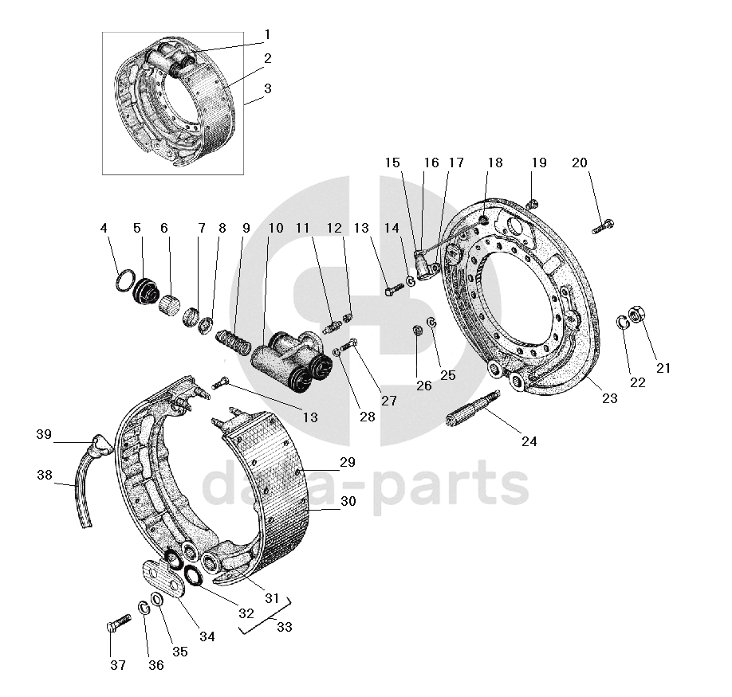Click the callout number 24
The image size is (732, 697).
[x=529, y=441]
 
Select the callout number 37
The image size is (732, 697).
[x=117, y=664]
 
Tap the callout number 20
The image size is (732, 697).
[x=580, y=163]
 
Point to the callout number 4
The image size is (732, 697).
[x=104, y=228]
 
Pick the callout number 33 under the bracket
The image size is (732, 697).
[x=284, y=627]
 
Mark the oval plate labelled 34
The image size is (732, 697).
[x=163, y=576]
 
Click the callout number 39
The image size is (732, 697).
[x=43, y=434]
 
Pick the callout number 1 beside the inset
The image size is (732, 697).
[x=268, y=34]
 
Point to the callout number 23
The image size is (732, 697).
[x=610, y=399]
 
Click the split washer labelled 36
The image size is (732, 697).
[x=144, y=609]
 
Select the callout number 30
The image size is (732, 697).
[x=348, y=502]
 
